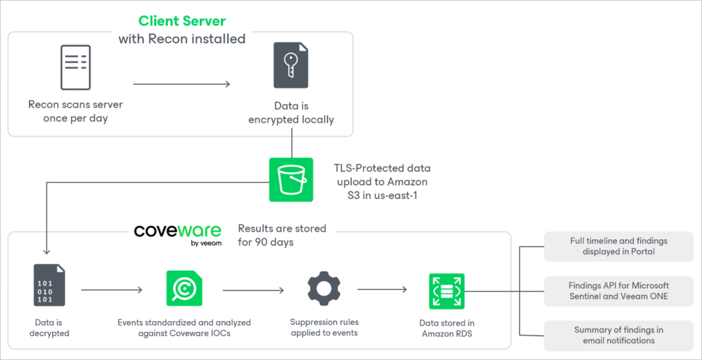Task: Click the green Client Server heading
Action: (x=182, y=21)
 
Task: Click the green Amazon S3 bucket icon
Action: (x=291, y=180)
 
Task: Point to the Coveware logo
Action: (x=178, y=231)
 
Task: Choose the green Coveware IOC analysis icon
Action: (x=184, y=288)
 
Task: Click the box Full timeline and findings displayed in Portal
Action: (x=618, y=246)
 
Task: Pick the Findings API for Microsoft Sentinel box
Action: (x=618, y=291)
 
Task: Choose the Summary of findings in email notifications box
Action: (x=618, y=335)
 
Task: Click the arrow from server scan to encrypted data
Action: (x=182, y=84)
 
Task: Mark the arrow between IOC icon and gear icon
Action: (x=253, y=290)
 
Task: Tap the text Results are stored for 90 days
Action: (x=282, y=235)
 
